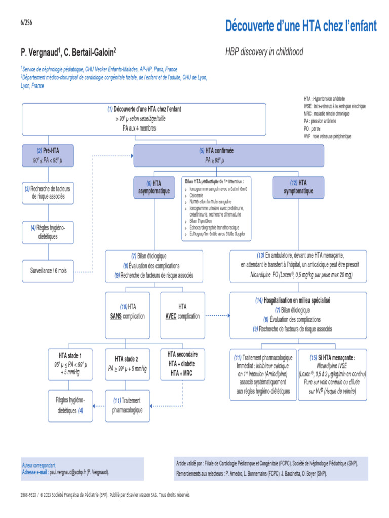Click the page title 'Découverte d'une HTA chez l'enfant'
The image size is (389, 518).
pos(301,26)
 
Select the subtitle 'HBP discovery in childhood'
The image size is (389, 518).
pos(264,52)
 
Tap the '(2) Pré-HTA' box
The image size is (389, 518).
pos(48,155)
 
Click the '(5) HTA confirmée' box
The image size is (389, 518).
pos(216,155)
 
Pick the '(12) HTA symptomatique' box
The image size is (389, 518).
pos(298,187)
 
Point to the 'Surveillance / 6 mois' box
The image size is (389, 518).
pos(48,271)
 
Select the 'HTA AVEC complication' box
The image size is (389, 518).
pos(182,311)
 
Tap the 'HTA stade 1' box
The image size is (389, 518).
pos(69,364)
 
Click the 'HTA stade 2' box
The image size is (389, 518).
pos(127,364)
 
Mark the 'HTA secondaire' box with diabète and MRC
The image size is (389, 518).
pos(182,364)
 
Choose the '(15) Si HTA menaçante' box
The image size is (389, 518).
pos(332,374)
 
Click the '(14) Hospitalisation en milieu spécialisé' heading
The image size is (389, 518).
pos(293,300)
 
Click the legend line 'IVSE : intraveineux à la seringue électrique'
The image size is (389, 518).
pos(334,106)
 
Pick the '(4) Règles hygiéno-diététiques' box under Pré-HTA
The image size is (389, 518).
pos(48,232)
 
